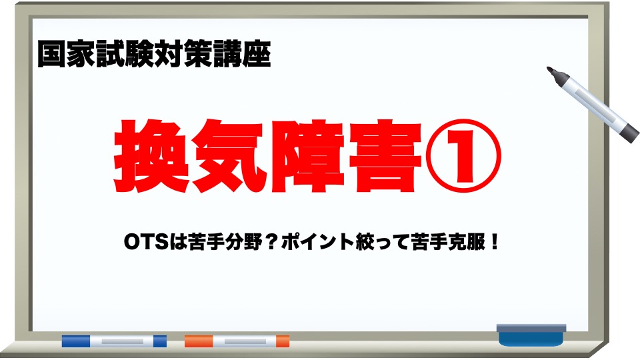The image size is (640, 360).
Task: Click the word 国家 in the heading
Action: (x=58, y=55)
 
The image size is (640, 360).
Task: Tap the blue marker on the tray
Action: (x=114, y=341)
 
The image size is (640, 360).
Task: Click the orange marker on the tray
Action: (x=237, y=341)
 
